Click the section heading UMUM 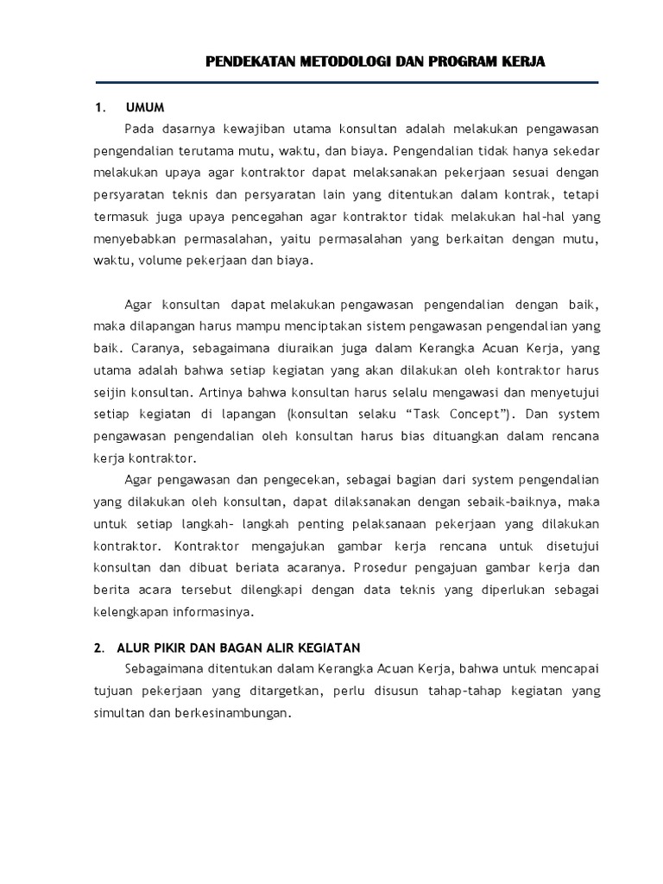(145, 108)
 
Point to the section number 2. (98, 647)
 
